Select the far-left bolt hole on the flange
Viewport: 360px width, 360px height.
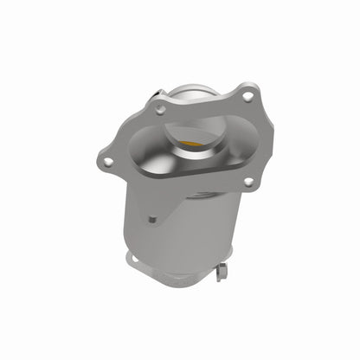click(106, 161)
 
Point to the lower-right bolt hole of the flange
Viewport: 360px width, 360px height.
click(248, 182)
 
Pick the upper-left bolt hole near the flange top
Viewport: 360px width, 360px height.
click(160, 110)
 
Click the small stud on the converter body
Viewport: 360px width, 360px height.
click(152, 219)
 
